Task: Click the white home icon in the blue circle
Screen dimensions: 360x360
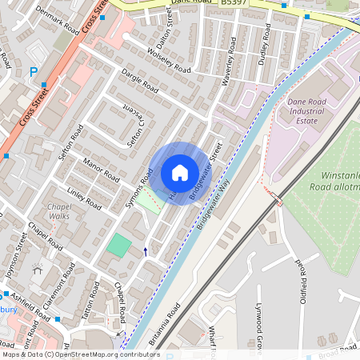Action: pyautogui.click(x=179, y=173)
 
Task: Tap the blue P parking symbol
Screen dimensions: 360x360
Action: pyautogui.click(x=34, y=72)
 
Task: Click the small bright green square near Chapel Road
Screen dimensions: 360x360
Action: pyautogui.click(x=118, y=246)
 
